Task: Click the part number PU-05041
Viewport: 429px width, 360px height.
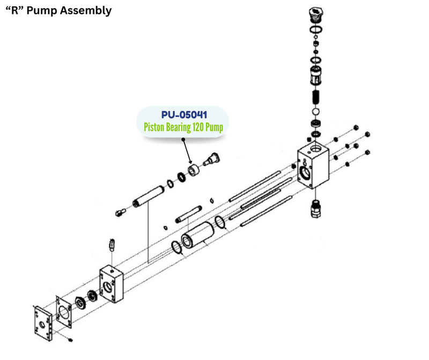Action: click(183, 115)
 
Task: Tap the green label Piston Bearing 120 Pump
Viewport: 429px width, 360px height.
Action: click(183, 128)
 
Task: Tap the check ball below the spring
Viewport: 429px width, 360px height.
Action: click(316, 113)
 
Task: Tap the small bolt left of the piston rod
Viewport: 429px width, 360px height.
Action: click(120, 212)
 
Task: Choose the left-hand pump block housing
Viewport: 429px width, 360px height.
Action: click(112, 284)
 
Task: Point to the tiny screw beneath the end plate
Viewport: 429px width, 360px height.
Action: click(70, 340)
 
